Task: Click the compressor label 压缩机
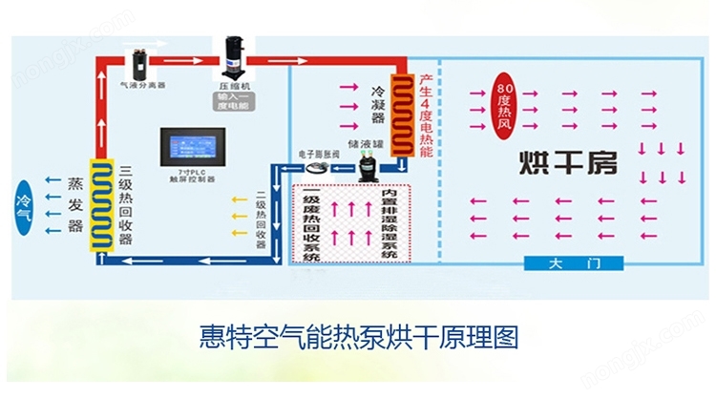[x=233, y=85]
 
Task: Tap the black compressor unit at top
[x=233, y=56]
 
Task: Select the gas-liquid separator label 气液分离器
[x=141, y=85]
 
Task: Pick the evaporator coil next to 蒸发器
[x=98, y=204]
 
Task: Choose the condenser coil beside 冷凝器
[x=400, y=115]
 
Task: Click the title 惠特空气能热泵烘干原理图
[x=358, y=337]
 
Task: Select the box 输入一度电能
[x=233, y=101]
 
